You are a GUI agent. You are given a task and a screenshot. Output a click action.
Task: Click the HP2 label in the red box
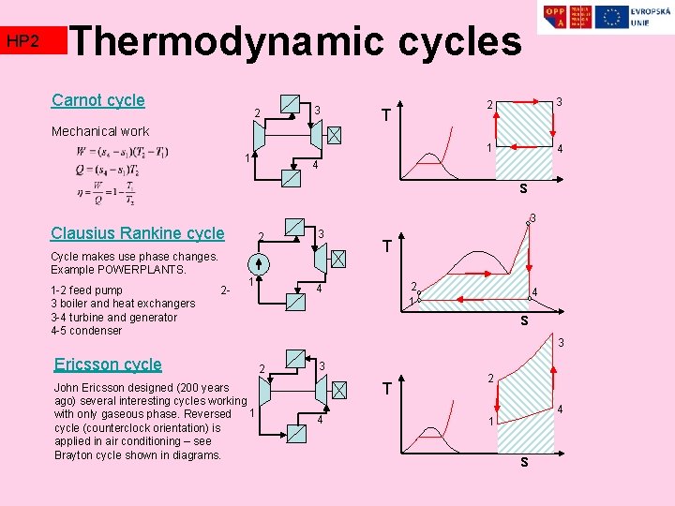click(x=22, y=41)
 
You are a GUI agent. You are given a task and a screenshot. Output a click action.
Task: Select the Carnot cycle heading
click(x=98, y=100)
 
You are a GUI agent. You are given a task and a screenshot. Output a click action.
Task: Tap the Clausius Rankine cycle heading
click(x=138, y=233)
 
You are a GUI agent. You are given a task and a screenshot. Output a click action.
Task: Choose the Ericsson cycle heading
click(x=108, y=365)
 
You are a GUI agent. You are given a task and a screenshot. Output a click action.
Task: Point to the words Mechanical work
click(x=100, y=131)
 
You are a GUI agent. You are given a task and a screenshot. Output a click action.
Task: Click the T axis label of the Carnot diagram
click(x=385, y=116)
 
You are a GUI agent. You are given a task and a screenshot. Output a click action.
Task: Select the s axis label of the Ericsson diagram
click(x=524, y=462)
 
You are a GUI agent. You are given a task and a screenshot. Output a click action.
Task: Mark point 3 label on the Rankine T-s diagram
click(x=532, y=219)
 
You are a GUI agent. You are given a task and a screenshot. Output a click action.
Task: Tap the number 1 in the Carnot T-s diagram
click(x=487, y=148)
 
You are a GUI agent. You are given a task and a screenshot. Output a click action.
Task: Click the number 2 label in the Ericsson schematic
click(x=262, y=367)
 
